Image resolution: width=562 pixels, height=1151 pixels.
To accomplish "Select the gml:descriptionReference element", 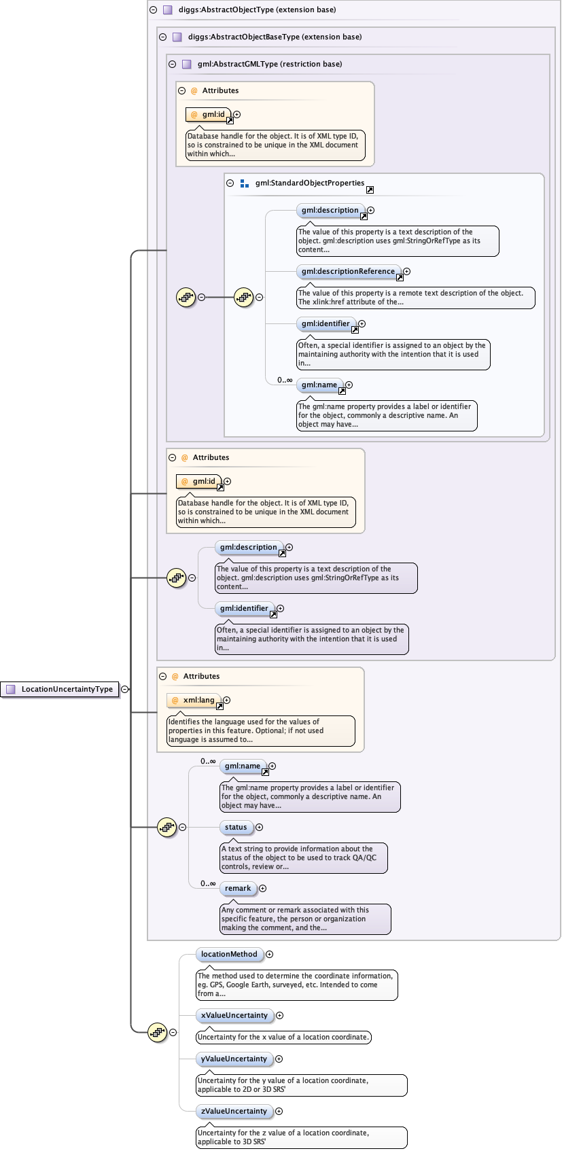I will (347, 271).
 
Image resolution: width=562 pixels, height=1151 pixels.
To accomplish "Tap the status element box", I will (236, 827).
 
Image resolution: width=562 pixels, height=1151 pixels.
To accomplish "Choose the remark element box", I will (238, 888).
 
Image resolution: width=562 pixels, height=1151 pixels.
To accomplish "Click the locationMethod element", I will (229, 954).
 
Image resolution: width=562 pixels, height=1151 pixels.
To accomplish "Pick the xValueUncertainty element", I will (234, 1015).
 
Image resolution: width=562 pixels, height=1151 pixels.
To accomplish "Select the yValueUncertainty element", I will (234, 1059).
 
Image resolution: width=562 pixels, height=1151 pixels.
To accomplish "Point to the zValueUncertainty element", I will (234, 1111).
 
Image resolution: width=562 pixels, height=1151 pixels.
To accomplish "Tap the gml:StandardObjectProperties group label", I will (309, 183).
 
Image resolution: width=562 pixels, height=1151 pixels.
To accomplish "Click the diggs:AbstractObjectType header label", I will (257, 10).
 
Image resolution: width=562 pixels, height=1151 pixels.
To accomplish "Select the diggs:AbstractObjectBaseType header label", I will (275, 37).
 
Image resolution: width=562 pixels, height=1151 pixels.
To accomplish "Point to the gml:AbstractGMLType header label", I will (269, 64).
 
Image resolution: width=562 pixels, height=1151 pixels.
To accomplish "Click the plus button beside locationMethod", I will (270, 954).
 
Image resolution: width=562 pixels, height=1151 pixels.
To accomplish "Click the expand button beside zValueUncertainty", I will (279, 1111).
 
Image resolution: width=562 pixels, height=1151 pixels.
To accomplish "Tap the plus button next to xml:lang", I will (227, 700).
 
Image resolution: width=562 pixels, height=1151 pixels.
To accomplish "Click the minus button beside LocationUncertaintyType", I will (125, 689).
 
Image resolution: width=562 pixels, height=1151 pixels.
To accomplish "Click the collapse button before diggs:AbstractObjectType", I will (153, 10).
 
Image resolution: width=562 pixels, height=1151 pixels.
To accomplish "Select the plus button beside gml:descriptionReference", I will (406, 271).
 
